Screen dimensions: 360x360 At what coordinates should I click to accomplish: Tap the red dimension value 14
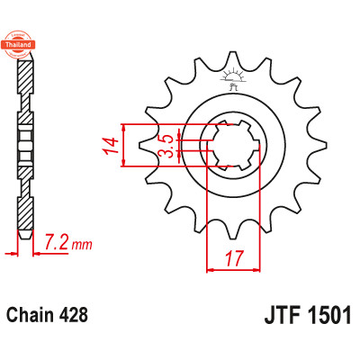110,144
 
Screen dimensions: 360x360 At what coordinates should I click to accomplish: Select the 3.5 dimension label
166,145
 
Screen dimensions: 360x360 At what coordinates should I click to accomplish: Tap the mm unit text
81,245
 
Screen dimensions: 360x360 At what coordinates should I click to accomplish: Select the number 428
74,316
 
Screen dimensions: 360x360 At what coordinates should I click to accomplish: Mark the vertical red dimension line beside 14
127,144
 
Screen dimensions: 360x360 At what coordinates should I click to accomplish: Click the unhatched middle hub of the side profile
26,144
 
